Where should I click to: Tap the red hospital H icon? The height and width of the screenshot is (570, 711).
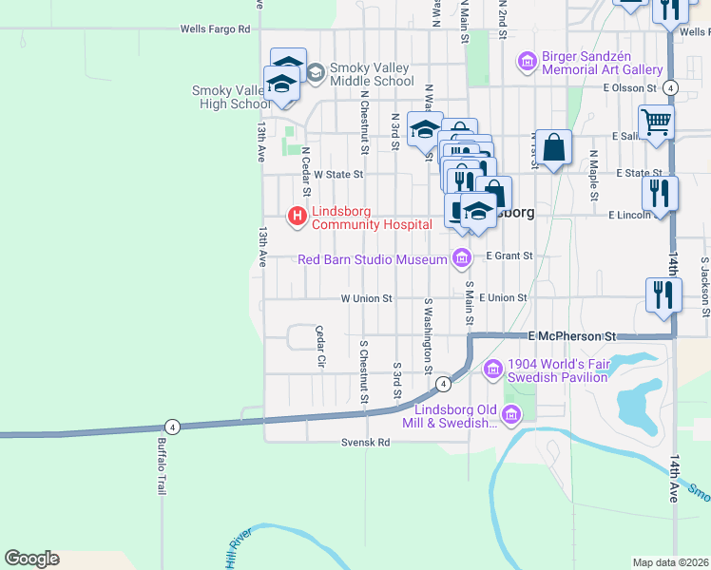tap(297, 218)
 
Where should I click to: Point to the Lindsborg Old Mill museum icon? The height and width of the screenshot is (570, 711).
tap(511, 413)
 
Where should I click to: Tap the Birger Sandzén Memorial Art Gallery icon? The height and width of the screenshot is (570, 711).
tap(527, 63)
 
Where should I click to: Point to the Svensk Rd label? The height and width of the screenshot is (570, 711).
tap(366, 443)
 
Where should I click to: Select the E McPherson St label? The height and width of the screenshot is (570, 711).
tap(572, 336)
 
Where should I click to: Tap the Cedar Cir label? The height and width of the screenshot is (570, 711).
tap(319, 347)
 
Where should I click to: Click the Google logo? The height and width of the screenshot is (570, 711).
tap(31, 559)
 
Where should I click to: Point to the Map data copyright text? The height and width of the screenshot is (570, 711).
tap(670, 562)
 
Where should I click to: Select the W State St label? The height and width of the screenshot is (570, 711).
tap(338, 175)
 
